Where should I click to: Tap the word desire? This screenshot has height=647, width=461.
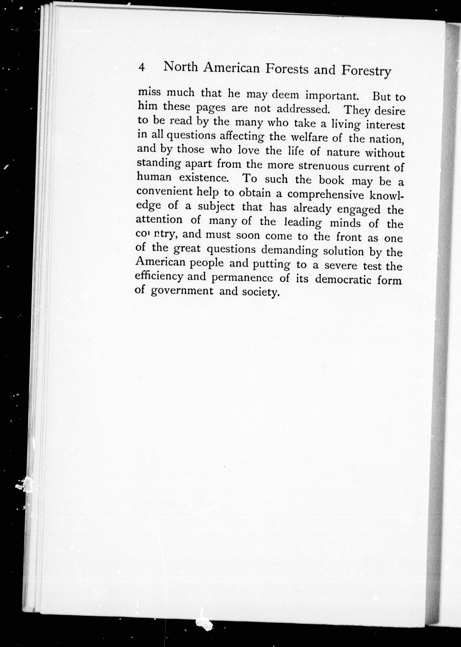[x=390, y=111]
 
